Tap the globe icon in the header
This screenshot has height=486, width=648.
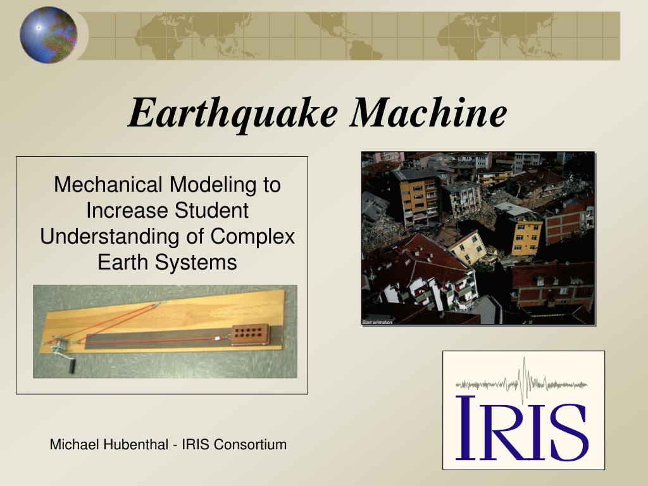pos(48,35)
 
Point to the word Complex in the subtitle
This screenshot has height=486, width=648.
pos(253,236)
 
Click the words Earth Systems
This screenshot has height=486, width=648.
pos(167,262)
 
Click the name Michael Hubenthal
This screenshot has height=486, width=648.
pos(109,444)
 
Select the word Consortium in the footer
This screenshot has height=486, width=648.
pos(250,444)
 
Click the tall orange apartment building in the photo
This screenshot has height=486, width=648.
pos(416,196)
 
